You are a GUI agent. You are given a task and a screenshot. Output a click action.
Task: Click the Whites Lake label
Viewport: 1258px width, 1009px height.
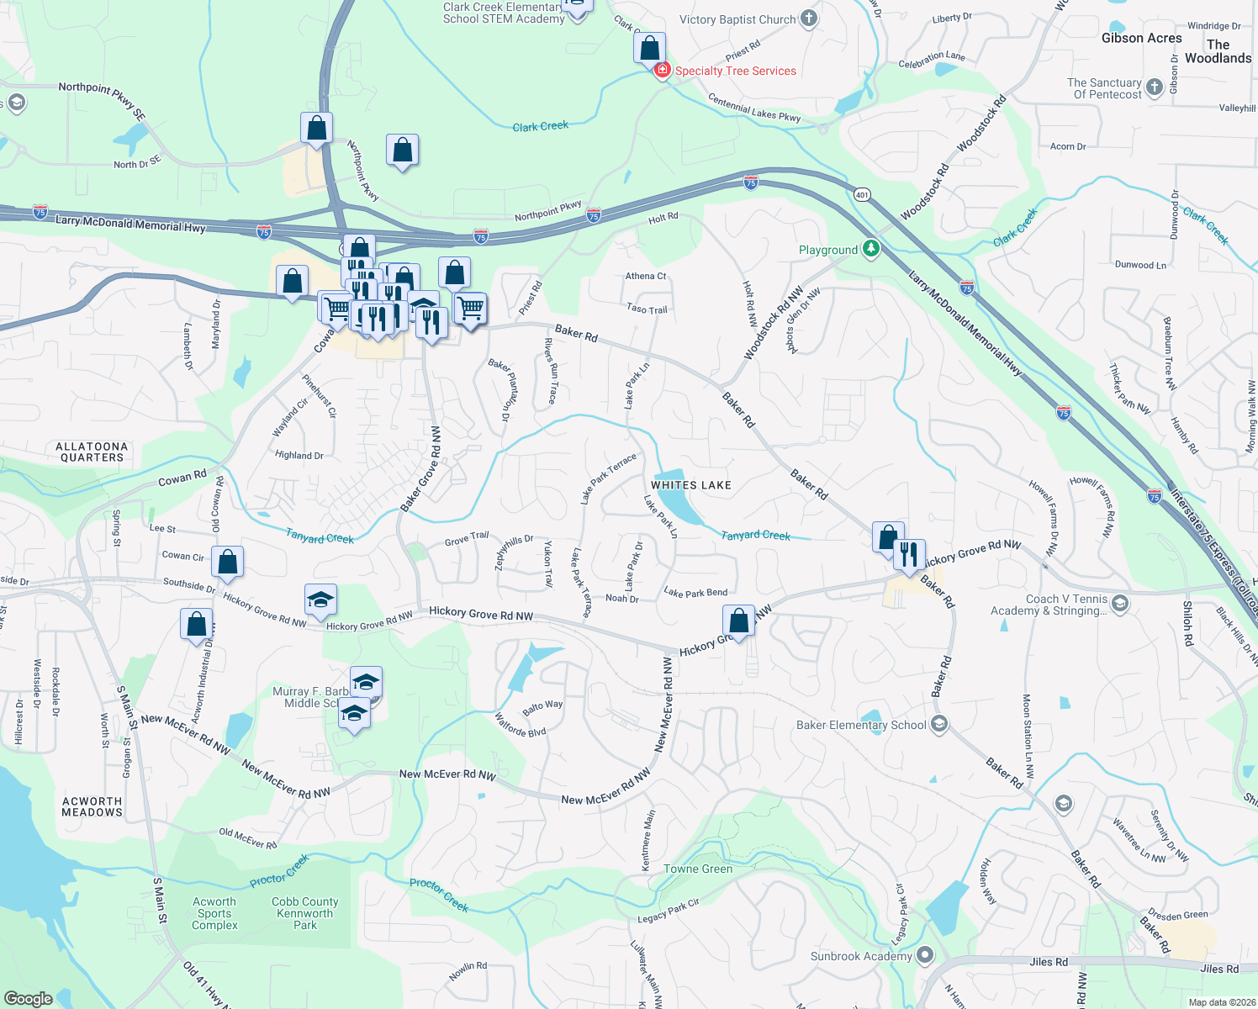pos(690,485)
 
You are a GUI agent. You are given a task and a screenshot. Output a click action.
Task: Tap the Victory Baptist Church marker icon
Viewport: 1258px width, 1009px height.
pos(809,19)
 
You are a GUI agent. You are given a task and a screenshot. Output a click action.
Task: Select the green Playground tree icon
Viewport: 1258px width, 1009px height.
pos(871,249)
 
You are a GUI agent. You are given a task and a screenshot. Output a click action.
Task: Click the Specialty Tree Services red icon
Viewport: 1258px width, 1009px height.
pos(663,70)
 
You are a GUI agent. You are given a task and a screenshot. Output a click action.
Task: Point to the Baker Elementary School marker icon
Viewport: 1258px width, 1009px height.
pos(939,724)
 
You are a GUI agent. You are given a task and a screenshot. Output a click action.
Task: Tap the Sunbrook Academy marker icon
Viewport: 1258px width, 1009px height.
pos(925,955)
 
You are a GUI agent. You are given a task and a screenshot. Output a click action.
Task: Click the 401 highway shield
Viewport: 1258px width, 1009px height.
pos(862,195)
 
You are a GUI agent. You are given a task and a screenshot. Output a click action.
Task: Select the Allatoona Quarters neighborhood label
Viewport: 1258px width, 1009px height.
pos(92,452)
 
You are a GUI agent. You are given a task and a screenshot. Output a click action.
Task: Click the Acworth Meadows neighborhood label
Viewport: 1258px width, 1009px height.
pos(92,806)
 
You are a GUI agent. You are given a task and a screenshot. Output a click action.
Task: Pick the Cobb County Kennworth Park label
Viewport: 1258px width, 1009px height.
pos(305,913)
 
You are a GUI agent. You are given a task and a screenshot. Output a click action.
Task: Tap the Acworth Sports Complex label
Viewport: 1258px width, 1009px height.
pos(214,913)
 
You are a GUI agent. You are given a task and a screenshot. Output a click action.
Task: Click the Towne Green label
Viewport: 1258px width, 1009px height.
pos(698,869)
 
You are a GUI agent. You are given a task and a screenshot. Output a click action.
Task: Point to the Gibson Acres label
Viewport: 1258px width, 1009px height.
pos(1141,38)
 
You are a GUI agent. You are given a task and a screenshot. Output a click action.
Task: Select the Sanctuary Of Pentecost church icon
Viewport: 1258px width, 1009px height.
pos(1155,86)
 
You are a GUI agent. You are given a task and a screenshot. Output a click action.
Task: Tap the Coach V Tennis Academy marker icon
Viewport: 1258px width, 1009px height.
pos(1119,603)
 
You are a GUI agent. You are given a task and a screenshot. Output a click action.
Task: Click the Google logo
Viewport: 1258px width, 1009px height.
pos(28,999)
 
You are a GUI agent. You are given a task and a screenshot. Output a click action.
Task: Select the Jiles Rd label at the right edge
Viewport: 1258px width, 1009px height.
pos(1219,969)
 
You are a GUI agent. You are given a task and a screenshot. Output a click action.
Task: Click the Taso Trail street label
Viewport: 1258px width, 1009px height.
pos(647,309)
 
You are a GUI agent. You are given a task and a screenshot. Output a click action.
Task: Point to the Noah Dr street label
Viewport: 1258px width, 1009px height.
pos(622,599)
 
